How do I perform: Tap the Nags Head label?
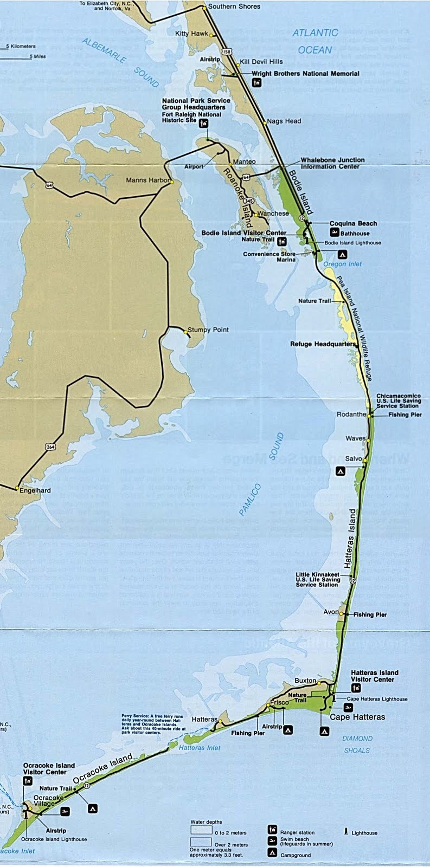click(284, 121)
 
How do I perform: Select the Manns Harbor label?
click(147, 180)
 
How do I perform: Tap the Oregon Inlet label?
click(342, 264)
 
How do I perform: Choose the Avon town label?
click(331, 612)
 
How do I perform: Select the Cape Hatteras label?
click(358, 717)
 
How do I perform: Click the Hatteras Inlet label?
click(199, 748)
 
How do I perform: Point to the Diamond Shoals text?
click(357, 745)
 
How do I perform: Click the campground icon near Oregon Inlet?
click(342, 254)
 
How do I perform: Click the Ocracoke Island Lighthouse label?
click(54, 839)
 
